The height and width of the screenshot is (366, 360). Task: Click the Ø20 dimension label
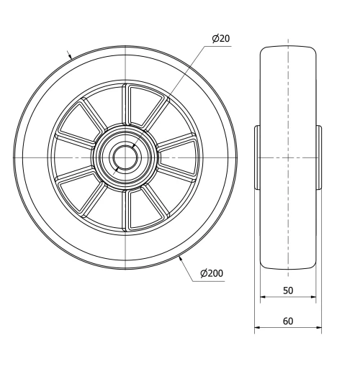pyautogui.click(x=222, y=38)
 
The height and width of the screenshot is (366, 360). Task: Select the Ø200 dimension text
pyautogui.click(x=211, y=273)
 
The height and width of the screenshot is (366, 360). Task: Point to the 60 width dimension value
pyautogui.click(x=287, y=321)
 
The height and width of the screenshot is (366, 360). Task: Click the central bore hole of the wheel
pyautogui.click(x=125, y=156)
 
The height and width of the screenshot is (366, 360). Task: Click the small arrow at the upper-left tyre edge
pyautogui.click(x=70, y=55)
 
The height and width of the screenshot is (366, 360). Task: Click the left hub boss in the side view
pyautogui.click(x=256, y=157)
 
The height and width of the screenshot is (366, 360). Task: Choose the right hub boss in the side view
pyautogui.click(x=318, y=157)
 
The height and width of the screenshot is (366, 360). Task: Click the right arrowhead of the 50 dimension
pyautogui.click(x=313, y=297)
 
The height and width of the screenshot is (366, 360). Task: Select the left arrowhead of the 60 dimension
pyautogui.click(x=257, y=329)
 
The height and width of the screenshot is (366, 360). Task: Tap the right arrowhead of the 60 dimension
pyautogui.click(x=318, y=329)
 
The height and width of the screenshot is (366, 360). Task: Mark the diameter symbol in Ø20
pyautogui.click(x=216, y=38)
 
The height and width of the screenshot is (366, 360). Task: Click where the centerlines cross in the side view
pyautogui.click(x=287, y=157)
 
